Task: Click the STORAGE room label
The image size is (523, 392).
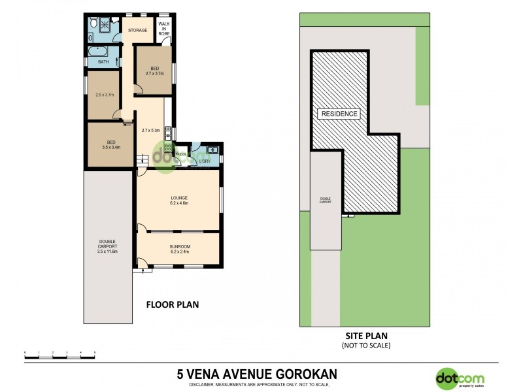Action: coord(137,30)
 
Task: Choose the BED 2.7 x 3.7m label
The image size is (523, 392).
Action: coord(154,71)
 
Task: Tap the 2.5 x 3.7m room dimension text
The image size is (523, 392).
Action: coord(105,95)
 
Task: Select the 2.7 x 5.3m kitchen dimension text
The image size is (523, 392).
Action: coord(151,130)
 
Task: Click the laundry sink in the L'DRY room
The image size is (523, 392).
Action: coord(212,151)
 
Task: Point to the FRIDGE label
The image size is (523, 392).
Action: coord(180,154)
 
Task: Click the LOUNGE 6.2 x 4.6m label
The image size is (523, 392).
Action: coord(178,201)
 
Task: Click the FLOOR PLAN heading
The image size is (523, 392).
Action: coord(172,304)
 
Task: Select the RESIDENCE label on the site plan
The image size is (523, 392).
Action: coord(339,114)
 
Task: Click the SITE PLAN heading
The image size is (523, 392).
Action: coord(365,336)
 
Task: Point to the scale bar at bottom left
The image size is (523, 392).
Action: coord(60,353)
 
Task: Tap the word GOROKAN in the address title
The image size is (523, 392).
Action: coord(305,374)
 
